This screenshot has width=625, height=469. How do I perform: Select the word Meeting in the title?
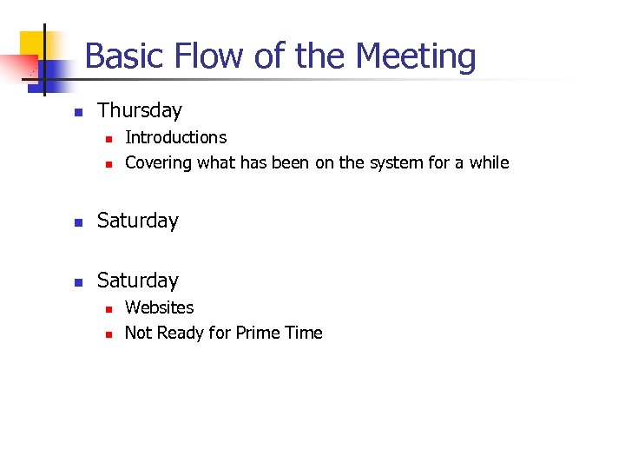tap(416, 57)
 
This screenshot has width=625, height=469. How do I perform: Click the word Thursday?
tap(140, 110)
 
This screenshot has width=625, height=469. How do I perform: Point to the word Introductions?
tap(175, 137)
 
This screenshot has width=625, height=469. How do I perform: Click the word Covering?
tap(159, 162)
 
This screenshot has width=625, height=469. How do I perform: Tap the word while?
tap(490, 162)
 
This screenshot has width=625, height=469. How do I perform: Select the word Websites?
tap(160, 307)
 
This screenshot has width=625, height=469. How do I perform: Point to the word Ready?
tap(181, 333)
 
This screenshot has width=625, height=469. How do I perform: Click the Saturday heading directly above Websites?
tap(137, 281)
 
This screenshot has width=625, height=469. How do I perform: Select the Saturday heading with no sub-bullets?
tap(137, 221)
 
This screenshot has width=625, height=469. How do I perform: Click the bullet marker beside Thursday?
tap(78, 112)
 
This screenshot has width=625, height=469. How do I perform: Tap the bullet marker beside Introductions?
tap(108, 138)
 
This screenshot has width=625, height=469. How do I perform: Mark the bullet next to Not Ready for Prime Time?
tap(108, 334)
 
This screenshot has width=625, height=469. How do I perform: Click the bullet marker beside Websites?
tap(108, 308)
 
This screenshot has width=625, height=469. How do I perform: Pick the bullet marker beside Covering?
tap(108, 164)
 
